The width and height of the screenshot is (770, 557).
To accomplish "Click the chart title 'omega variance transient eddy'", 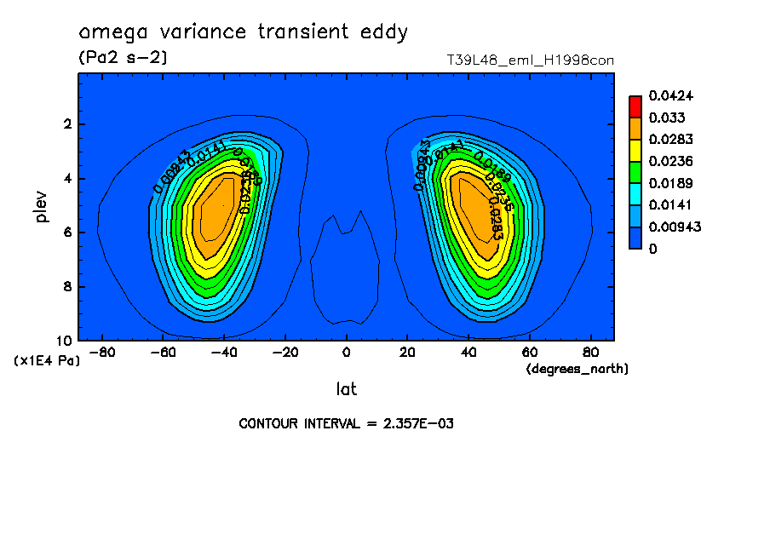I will click(243, 33).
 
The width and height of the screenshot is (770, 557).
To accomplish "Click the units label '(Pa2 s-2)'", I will click(123, 58).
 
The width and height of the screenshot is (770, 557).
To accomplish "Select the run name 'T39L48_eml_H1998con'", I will click(530, 60).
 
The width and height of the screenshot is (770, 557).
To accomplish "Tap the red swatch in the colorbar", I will click(635, 106).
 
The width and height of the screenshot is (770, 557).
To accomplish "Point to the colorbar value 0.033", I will click(664, 118).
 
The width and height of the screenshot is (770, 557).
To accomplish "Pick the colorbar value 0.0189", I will click(668, 183).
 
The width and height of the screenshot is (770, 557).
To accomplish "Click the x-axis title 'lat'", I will click(346, 389).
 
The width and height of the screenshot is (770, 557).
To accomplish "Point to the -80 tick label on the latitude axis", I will click(101, 353).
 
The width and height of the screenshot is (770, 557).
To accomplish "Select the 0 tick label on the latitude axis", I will click(346, 353).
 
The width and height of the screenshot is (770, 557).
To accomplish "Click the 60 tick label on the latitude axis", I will click(529, 353).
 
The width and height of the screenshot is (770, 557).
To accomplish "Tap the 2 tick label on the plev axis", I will click(68, 124).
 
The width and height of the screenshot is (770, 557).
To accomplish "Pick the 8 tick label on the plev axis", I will click(68, 287).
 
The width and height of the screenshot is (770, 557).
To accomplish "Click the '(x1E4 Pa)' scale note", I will click(47, 361).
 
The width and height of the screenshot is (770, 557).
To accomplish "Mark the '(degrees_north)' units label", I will click(577, 369).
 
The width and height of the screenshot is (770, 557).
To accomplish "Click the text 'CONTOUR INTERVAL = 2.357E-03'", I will click(346, 423).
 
